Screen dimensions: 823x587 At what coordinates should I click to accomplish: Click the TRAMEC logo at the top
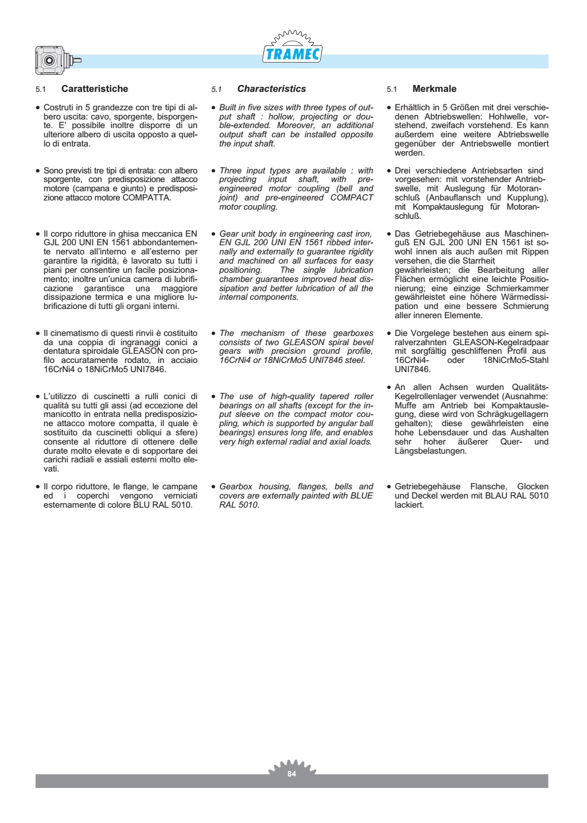tap(292, 54)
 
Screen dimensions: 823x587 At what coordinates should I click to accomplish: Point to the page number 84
tap(291, 774)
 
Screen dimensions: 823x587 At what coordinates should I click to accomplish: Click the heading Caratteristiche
tap(95, 89)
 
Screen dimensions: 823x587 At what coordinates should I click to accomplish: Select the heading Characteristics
tap(271, 89)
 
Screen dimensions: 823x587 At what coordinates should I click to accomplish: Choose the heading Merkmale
tap(434, 89)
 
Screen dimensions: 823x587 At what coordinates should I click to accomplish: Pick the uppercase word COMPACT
tap(352, 198)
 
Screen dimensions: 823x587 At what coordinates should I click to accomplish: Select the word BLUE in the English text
tap(361, 496)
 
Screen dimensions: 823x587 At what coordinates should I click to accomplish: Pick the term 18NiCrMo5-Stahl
tap(516, 360)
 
